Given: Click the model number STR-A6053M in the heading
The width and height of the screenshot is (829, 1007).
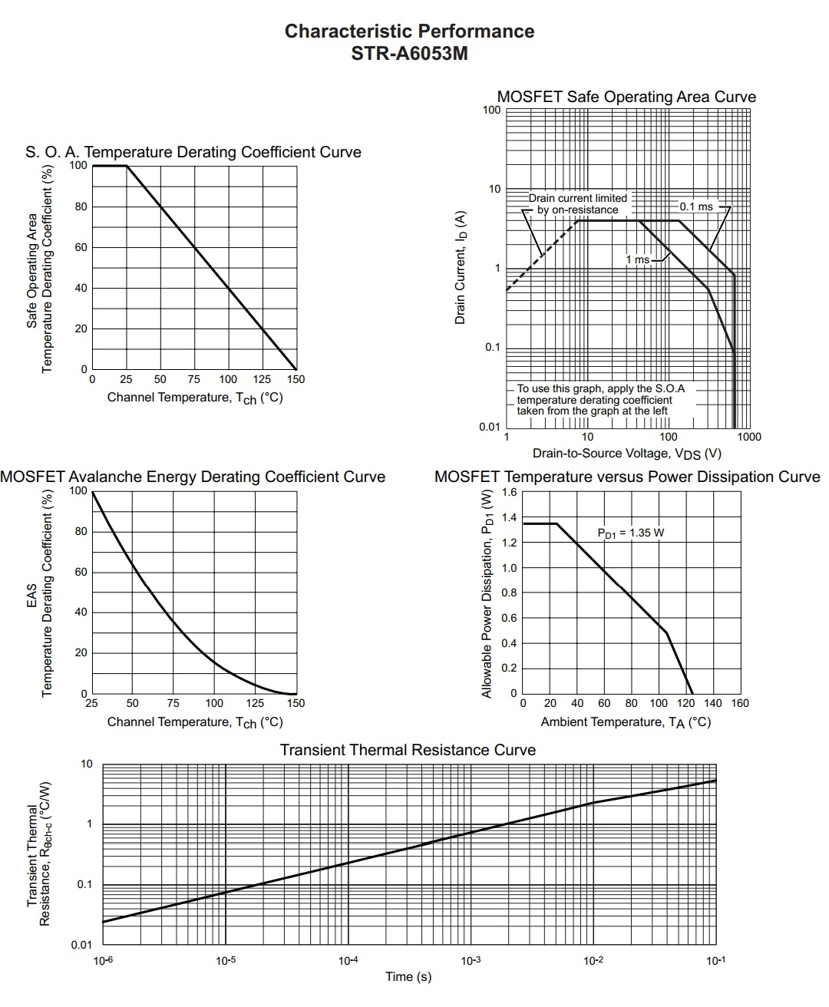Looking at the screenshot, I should [x=409, y=54].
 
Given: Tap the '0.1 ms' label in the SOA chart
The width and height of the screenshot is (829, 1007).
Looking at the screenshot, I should [x=695, y=206].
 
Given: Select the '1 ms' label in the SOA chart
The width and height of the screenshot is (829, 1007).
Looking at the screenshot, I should [x=637, y=259].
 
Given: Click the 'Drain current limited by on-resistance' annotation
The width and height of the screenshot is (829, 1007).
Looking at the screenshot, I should [x=577, y=204].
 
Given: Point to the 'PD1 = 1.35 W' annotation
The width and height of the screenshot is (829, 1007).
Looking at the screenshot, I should [x=630, y=533].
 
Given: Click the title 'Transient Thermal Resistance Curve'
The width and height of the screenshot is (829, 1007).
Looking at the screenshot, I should [x=408, y=750].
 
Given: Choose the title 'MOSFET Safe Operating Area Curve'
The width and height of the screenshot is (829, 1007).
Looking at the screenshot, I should [x=626, y=97].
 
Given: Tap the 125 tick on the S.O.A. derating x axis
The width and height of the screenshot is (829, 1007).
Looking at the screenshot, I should [x=262, y=379].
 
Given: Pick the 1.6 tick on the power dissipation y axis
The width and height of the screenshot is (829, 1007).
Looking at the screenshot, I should [x=510, y=492].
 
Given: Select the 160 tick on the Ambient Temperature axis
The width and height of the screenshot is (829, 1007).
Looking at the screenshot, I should [x=740, y=703].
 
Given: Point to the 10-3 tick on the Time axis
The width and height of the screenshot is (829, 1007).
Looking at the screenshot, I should [x=471, y=961].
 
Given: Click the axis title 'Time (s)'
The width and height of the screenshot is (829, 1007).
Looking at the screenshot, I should [x=408, y=977].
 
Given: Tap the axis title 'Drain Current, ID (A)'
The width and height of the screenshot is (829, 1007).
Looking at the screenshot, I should [x=461, y=268].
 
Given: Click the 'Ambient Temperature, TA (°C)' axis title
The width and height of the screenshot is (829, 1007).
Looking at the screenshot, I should [x=626, y=722].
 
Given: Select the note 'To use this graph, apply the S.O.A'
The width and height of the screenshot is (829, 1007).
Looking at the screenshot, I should [x=600, y=389].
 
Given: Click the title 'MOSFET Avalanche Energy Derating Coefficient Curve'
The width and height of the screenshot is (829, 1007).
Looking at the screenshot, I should [x=193, y=477].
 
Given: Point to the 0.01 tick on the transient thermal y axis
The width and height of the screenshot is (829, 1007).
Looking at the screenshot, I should [x=81, y=945].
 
